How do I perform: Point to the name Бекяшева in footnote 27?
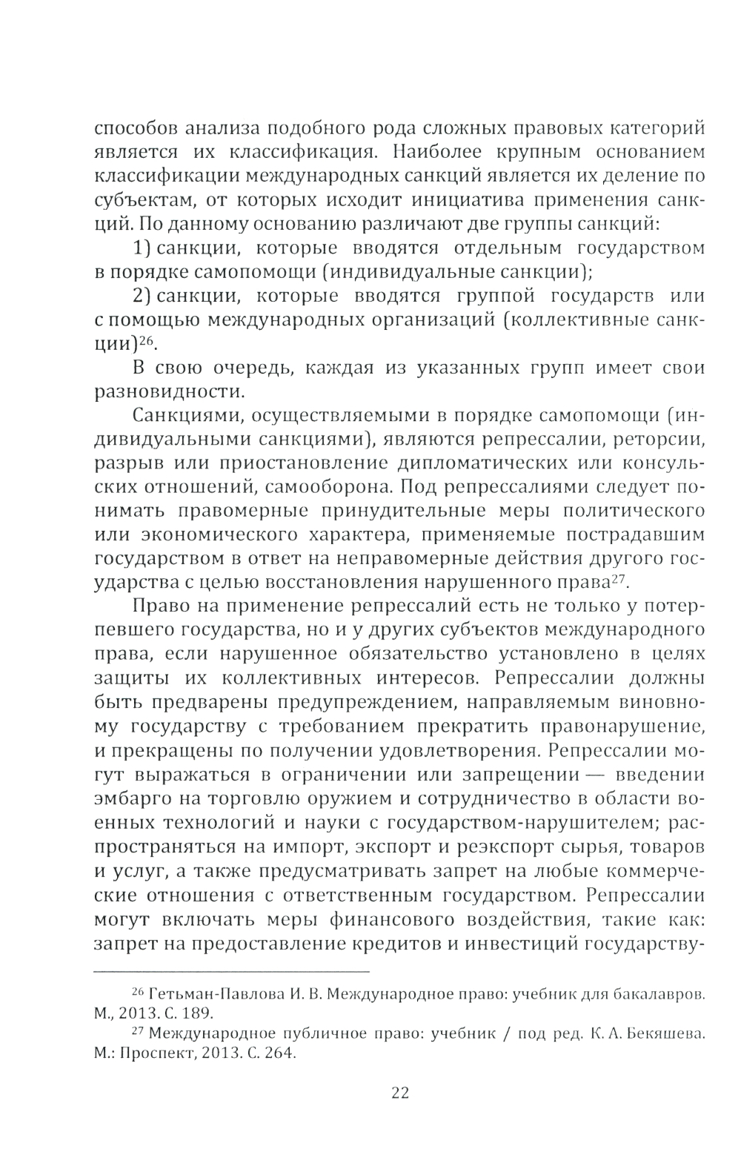click(x=666, y=1034)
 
